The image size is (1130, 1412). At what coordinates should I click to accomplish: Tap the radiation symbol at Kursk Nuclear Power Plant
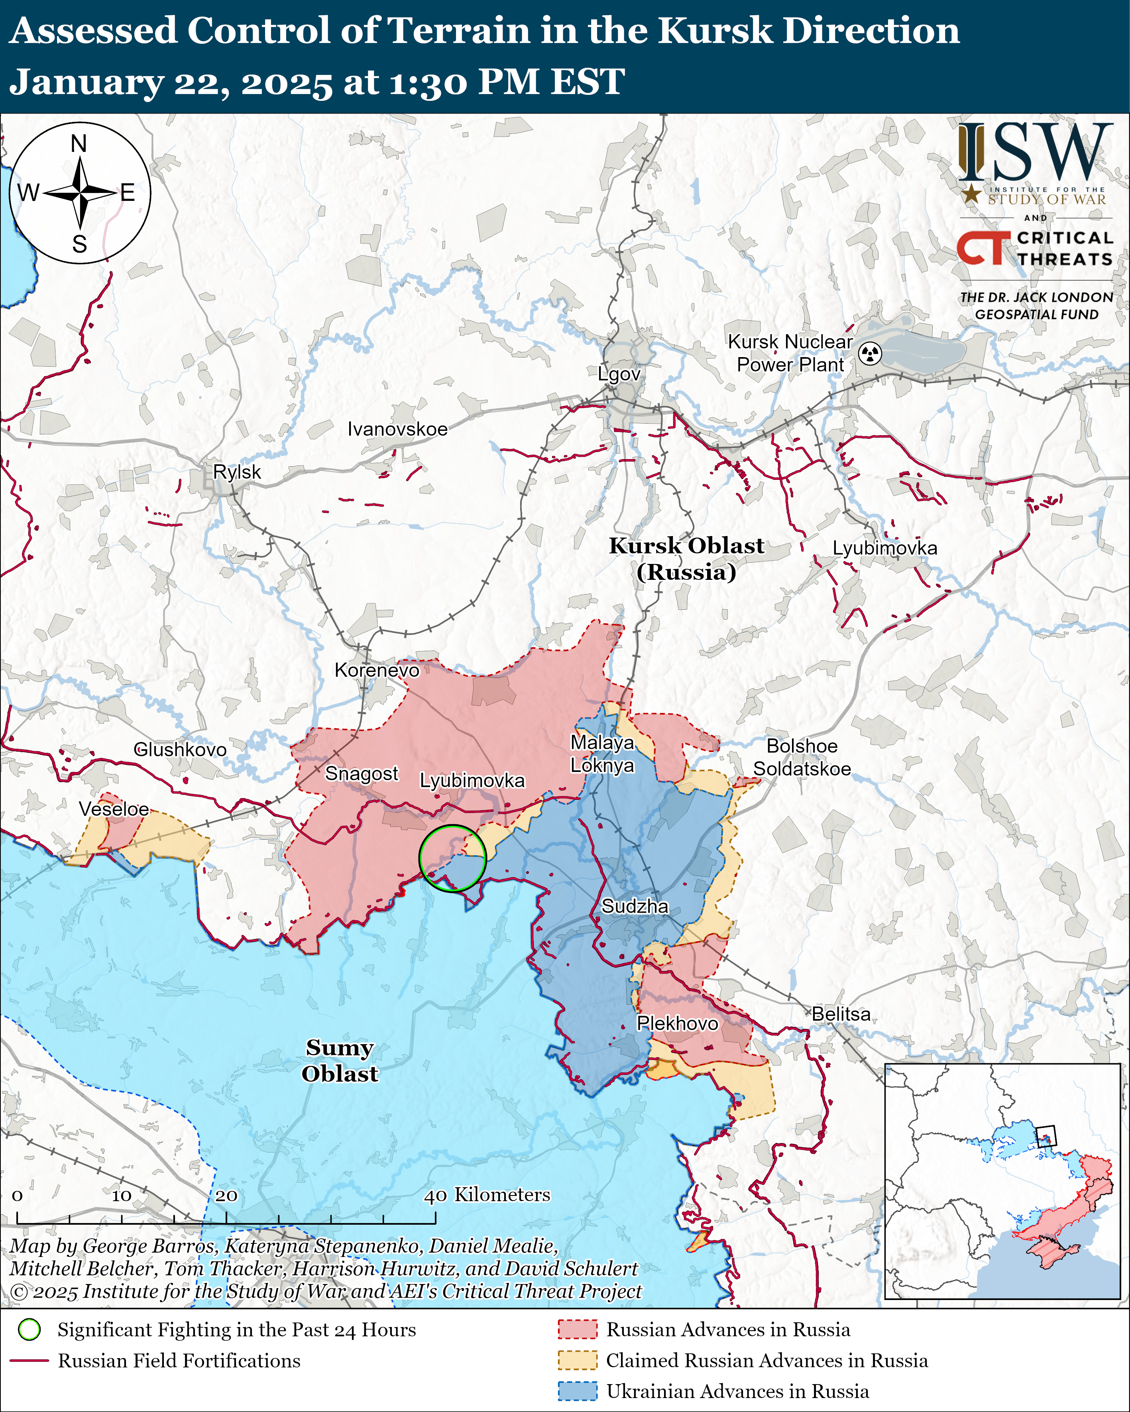click(870, 353)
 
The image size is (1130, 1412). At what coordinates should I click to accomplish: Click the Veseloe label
click(114, 809)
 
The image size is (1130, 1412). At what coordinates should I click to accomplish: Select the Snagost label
click(362, 774)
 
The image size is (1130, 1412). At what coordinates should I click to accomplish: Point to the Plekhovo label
click(677, 1023)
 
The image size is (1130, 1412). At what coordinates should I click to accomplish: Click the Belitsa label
click(841, 1014)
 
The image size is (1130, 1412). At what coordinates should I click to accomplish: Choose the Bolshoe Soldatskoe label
click(802, 757)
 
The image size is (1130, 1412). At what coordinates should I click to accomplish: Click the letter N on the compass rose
click(79, 143)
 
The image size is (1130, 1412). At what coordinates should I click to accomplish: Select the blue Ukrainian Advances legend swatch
click(577, 1391)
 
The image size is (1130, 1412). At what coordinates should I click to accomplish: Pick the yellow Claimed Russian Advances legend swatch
click(577, 1360)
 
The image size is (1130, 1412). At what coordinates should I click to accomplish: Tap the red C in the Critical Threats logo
click(971, 248)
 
